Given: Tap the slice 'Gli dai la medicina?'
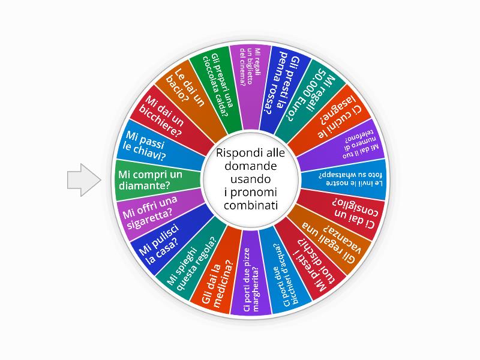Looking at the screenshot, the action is click(x=218, y=275).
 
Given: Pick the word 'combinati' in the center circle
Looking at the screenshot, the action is click(x=251, y=205).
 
